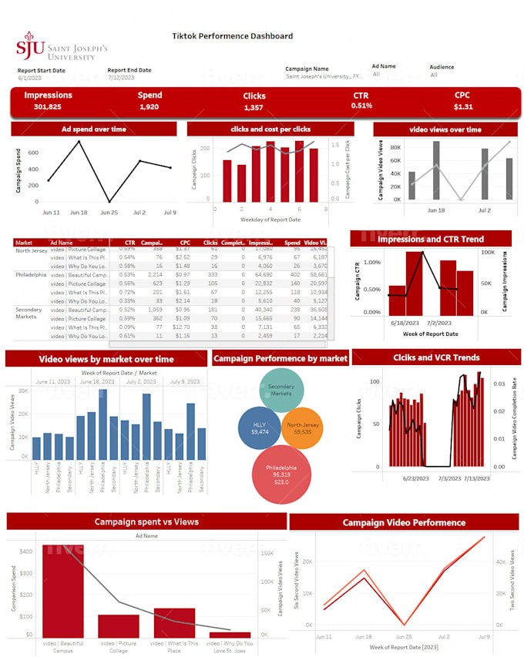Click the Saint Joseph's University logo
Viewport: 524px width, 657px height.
point(62,46)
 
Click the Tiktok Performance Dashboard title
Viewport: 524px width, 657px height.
point(232,35)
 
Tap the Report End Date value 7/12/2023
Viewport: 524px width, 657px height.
point(123,79)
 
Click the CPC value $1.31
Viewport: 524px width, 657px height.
point(463,107)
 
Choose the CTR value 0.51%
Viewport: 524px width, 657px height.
point(361,106)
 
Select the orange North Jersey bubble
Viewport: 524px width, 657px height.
point(302,428)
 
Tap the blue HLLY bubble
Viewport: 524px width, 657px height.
point(259,428)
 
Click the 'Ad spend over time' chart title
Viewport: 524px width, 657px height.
point(94,129)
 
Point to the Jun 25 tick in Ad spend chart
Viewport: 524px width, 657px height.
point(109,212)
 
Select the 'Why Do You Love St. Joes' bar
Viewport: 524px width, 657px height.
point(230,634)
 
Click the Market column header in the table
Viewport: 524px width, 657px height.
point(24,243)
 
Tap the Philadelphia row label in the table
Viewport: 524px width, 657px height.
point(31,274)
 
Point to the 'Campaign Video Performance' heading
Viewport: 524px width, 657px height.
point(404,522)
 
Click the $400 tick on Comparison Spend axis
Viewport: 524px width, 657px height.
point(26,551)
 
